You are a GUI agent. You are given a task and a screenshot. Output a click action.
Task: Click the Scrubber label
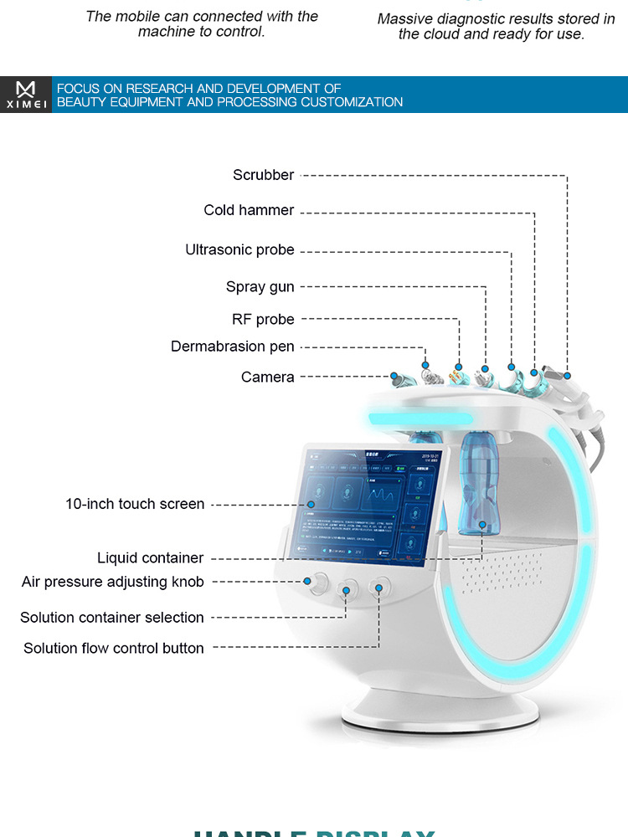263,175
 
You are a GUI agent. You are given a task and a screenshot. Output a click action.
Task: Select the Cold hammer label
249,210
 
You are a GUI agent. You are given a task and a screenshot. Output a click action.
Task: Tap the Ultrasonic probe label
239,249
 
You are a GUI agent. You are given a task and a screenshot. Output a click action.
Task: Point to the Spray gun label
260,287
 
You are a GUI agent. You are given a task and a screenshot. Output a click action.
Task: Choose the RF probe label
263,320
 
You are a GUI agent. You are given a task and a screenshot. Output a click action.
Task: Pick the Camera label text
267,377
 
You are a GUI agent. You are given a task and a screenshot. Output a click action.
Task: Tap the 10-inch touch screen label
134,504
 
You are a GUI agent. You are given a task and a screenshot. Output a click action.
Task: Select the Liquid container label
150,558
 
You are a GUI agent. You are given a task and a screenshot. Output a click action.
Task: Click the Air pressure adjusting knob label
112,582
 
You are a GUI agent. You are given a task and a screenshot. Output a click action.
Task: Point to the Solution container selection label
111,618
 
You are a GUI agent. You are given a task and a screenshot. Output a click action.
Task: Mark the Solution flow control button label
113,649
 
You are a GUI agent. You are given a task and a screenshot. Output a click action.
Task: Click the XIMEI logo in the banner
26,95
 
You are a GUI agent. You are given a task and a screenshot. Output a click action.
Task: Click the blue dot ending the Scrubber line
567,376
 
